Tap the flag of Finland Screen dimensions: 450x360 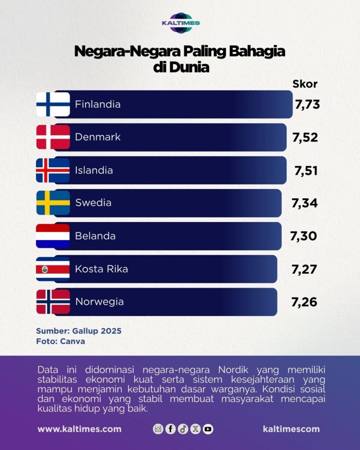(53, 104)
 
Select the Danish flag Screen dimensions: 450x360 (53, 137)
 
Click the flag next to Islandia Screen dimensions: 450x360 (53, 170)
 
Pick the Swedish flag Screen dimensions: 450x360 (53, 203)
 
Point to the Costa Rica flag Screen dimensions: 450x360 (53, 269)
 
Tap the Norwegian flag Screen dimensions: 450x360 (53, 302)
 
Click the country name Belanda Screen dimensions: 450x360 (95, 236)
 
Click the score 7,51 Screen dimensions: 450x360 (306, 170)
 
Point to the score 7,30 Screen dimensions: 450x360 (304, 236)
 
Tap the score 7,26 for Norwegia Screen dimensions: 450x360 (304, 302)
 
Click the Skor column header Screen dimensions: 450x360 (305, 84)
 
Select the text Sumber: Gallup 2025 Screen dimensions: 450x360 (79, 330)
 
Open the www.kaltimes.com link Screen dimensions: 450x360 (80, 429)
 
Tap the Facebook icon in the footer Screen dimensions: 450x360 (171, 429)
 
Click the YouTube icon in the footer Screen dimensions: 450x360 (208, 429)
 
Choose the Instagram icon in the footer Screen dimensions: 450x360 (158, 429)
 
